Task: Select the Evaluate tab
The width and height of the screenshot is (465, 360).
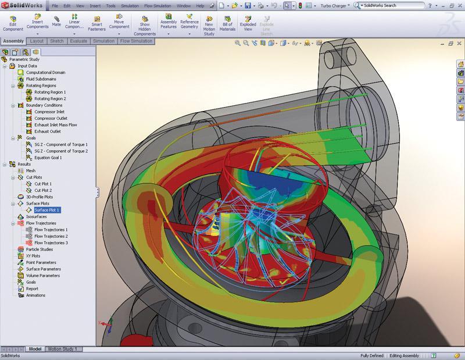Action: pos(77,42)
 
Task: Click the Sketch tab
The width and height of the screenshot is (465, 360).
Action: pos(57,42)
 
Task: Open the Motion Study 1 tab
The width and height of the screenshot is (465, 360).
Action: pos(62,349)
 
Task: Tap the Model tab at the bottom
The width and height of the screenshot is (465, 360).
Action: pos(35,349)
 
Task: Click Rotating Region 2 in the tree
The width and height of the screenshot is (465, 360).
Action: pos(50,98)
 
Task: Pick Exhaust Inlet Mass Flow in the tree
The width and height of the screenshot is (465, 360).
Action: pos(55,124)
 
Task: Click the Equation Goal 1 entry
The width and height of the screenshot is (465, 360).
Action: pos(48,157)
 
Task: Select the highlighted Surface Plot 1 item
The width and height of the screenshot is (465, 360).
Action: pos(46,210)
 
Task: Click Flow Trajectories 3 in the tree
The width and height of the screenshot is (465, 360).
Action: pos(51,243)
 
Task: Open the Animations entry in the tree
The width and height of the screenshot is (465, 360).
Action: pos(35,295)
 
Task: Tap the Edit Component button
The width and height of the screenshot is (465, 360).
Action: pos(13,23)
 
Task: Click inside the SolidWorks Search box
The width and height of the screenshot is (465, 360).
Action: pos(395,5)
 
